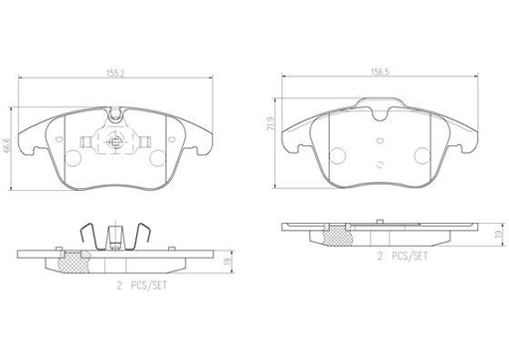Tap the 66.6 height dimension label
pos(6,145)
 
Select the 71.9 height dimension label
pos(270,122)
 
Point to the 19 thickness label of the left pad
pos(228,262)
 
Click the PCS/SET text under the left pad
pos(148,285)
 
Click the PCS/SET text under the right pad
pos(410,256)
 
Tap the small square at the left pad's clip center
pos(115,143)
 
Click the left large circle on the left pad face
pos(74,158)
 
